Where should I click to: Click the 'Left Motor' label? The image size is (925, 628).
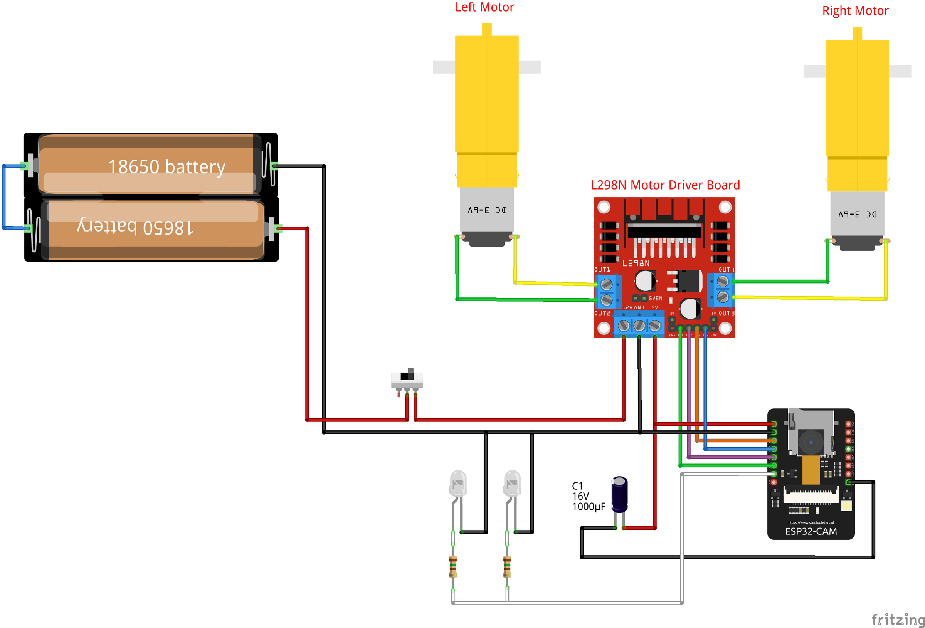point(484,7)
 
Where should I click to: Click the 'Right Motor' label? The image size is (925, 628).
point(855,11)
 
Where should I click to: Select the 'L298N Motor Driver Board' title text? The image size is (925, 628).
point(665,185)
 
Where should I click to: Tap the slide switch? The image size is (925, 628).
point(407,378)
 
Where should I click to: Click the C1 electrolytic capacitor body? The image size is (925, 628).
point(619,494)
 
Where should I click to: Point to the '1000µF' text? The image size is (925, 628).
point(588,507)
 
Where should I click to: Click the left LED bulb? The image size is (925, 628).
point(458,483)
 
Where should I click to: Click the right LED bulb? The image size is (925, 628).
point(512,483)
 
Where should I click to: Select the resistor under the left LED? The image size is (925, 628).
point(453,567)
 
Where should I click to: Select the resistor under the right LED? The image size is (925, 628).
point(507,567)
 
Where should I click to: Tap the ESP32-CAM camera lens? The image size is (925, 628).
point(811,442)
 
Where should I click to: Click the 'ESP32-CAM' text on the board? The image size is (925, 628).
point(811,531)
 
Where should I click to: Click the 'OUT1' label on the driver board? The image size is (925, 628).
point(602,270)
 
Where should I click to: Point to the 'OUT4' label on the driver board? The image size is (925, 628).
point(726,270)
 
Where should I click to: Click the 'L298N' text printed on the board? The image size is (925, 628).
point(636,264)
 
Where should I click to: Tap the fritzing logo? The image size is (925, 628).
point(898,619)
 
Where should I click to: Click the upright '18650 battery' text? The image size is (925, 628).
point(167,167)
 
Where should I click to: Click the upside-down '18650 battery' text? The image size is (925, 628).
point(135,227)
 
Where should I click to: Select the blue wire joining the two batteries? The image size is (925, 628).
point(3,197)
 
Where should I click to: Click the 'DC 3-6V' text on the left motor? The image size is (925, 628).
point(486,210)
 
